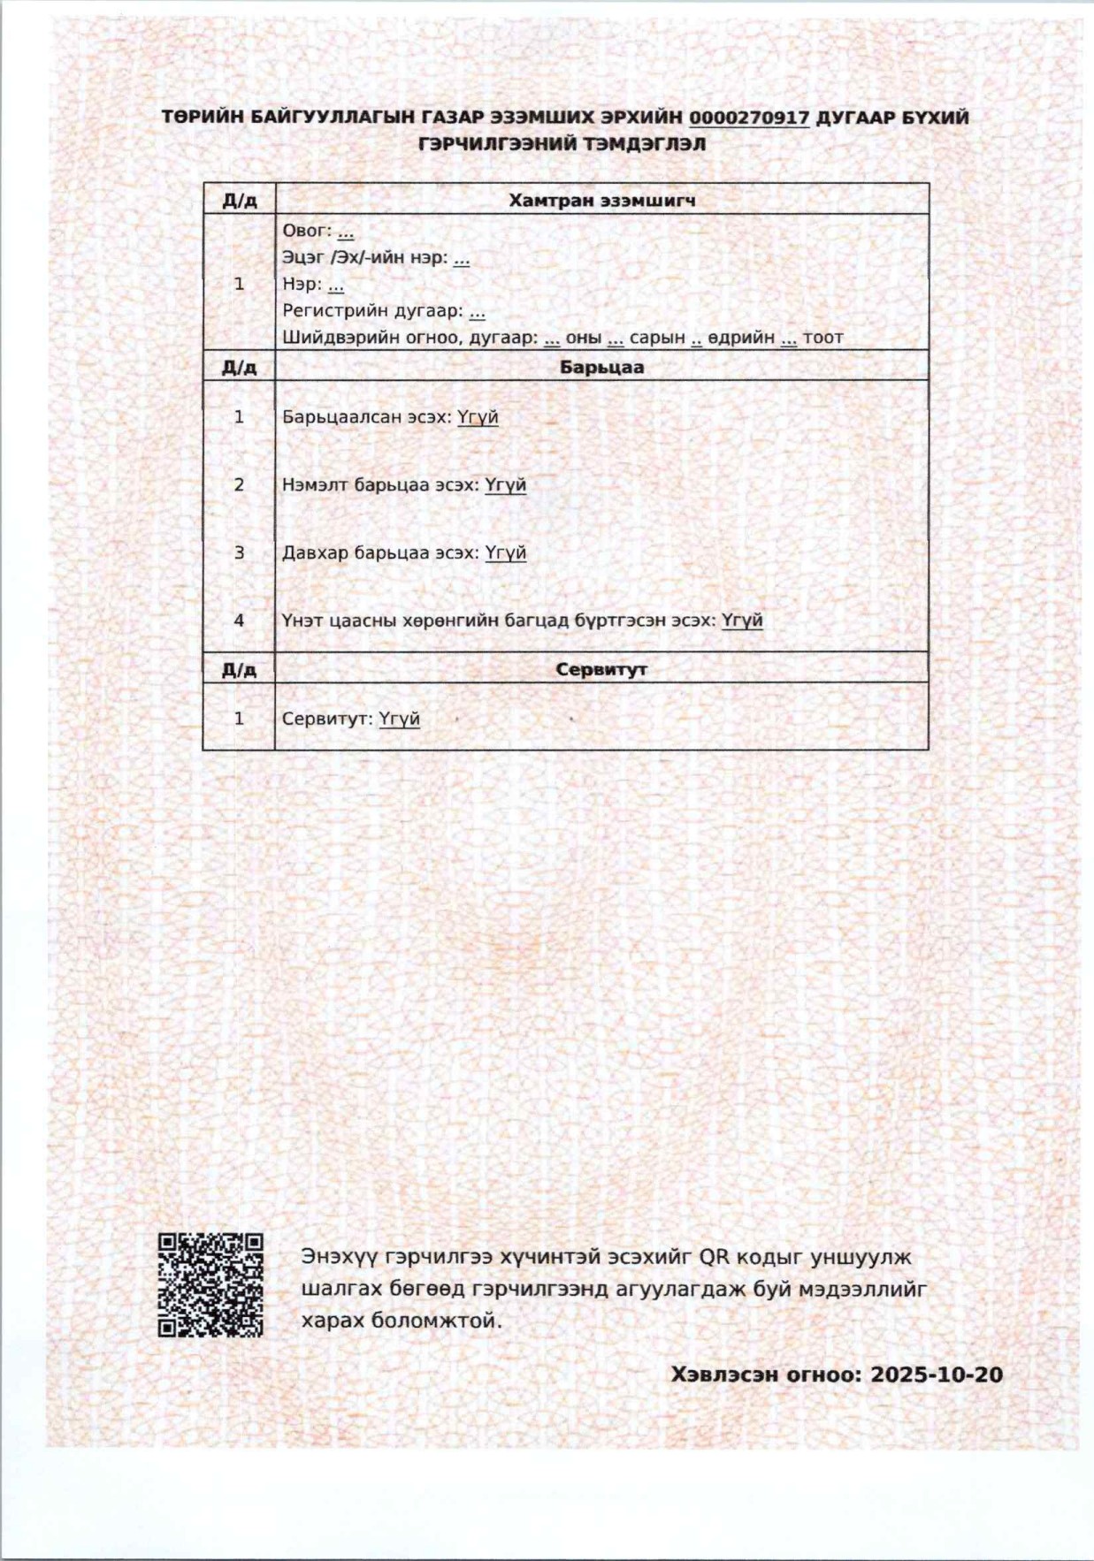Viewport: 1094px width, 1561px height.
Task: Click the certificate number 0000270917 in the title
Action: (x=749, y=118)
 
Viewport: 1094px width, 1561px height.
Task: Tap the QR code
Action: (x=210, y=1284)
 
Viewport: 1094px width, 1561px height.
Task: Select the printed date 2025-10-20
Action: (x=937, y=1374)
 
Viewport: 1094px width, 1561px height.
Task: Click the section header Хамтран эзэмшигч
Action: (x=601, y=200)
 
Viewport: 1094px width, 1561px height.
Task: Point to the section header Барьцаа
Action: (x=601, y=367)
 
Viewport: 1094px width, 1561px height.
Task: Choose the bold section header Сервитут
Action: (x=601, y=669)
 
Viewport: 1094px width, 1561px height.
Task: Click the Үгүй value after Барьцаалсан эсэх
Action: (x=478, y=417)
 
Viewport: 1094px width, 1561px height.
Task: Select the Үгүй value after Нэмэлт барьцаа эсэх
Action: (x=505, y=485)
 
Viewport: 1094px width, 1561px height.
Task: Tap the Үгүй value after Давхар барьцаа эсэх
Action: (x=505, y=553)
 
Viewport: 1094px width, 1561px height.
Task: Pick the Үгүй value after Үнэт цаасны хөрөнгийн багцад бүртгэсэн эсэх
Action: (x=742, y=621)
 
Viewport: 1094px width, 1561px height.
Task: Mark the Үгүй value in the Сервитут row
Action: (x=399, y=719)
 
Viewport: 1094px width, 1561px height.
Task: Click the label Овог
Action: (x=305, y=231)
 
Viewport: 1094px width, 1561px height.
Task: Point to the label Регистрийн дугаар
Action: (x=372, y=311)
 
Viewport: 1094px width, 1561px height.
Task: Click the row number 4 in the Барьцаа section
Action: (x=239, y=621)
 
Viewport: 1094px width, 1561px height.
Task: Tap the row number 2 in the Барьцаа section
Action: (x=239, y=485)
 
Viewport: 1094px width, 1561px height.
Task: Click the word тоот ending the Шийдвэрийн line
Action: (x=823, y=338)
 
